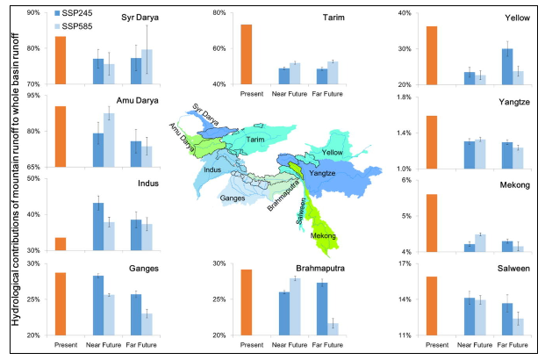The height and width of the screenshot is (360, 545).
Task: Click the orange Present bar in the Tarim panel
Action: tap(247, 54)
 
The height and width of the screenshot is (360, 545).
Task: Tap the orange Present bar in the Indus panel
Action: tap(61, 244)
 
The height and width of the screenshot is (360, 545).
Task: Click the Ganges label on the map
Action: tap(232, 199)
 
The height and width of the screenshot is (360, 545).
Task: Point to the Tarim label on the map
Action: tap(255, 140)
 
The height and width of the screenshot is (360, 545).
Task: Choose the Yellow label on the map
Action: tap(333, 152)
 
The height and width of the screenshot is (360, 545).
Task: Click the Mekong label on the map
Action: tap(323, 236)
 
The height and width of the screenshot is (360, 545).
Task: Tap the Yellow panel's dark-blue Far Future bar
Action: tap(507, 67)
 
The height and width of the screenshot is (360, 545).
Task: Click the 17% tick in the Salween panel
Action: tap(405, 263)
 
